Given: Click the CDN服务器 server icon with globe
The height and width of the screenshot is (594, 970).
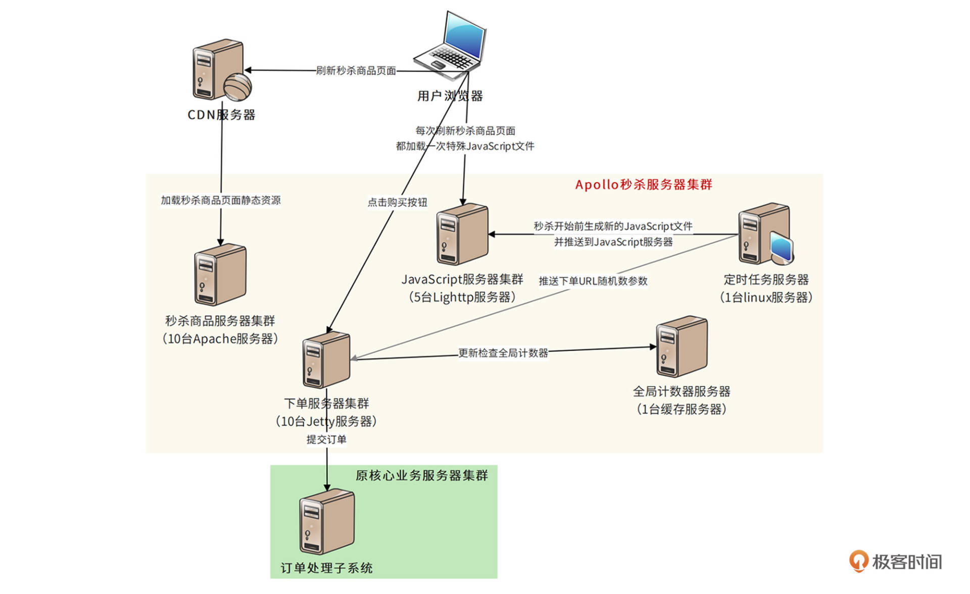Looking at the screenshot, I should (x=220, y=70).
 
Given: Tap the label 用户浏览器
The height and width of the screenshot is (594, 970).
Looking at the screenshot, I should (x=450, y=96).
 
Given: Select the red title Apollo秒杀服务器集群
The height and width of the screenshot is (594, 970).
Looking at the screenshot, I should (x=643, y=184).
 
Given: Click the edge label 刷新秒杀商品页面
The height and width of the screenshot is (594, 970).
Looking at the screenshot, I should (x=356, y=71).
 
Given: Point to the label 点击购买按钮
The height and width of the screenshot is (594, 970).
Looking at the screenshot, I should (x=397, y=202).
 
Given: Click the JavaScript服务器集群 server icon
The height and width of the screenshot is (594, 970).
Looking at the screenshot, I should (x=462, y=234).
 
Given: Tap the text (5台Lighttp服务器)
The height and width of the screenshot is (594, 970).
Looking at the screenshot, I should (x=462, y=297).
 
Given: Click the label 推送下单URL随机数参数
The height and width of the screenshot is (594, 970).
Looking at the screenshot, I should (x=593, y=281).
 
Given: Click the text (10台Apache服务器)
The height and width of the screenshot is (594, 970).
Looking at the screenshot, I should (x=220, y=338).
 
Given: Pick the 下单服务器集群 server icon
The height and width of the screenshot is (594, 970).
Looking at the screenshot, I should (x=326, y=360).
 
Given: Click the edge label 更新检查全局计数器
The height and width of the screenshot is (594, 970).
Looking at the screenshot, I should (x=503, y=353).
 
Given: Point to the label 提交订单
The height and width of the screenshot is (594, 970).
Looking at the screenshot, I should (x=326, y=439).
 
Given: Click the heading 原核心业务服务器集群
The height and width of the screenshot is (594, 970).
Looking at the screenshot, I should (x=421, y=475).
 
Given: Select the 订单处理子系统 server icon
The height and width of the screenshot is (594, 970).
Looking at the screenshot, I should (x=326, y=522).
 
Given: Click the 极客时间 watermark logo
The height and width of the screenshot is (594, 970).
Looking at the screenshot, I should (x=895, y=562).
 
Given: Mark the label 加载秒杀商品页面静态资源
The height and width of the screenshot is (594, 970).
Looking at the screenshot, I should (x=221, y=200).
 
